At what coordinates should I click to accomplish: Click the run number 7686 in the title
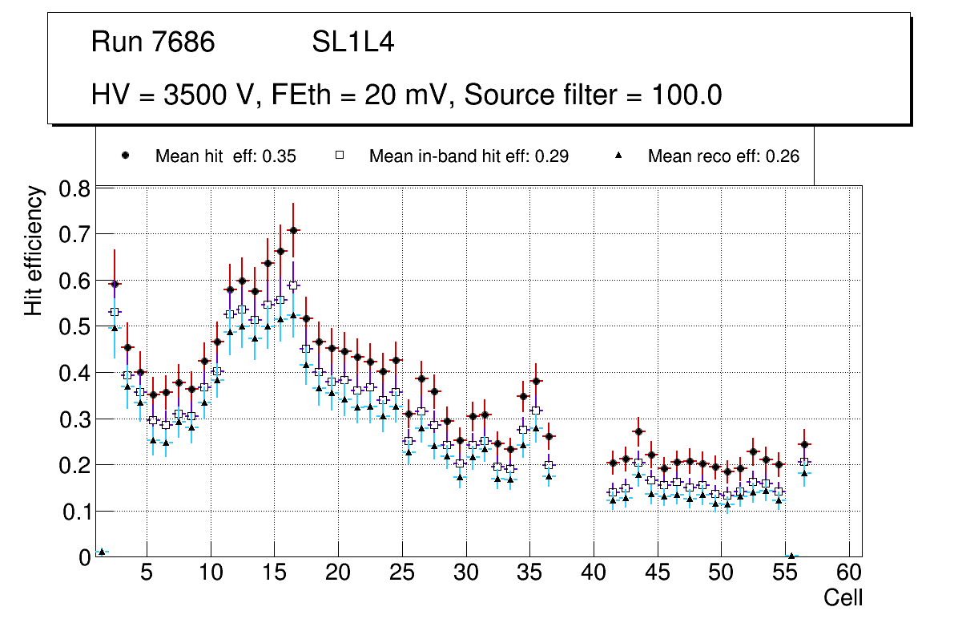click(183, 42)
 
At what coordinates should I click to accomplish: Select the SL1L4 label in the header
click(352, 42)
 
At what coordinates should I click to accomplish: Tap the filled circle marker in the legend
click(125, 156)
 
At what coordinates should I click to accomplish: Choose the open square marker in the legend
click(339, 156)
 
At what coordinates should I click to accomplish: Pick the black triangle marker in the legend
click(618, 156)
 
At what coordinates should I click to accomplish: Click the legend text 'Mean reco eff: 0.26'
click(723, 156)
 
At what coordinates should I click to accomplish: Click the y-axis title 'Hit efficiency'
click(34, 250)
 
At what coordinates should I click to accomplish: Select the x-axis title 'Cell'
click(843, 597)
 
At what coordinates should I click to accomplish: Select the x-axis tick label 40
click(594, 574)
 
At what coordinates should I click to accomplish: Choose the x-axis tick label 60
click(849, 574)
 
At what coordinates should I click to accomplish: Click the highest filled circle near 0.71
click(293, 231)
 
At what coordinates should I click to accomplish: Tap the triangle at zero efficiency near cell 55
click(791, 556)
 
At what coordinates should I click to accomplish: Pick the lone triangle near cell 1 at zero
click(102, 552)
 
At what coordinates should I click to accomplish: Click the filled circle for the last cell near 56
click(804, 444)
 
